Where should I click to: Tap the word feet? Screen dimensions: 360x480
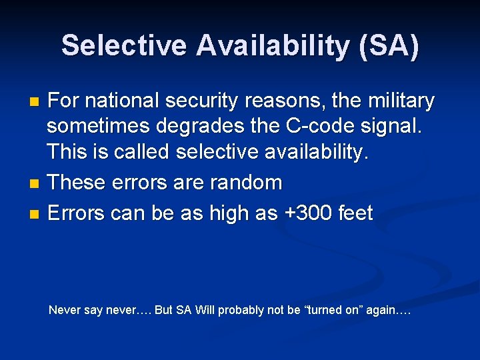pos(355,213)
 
